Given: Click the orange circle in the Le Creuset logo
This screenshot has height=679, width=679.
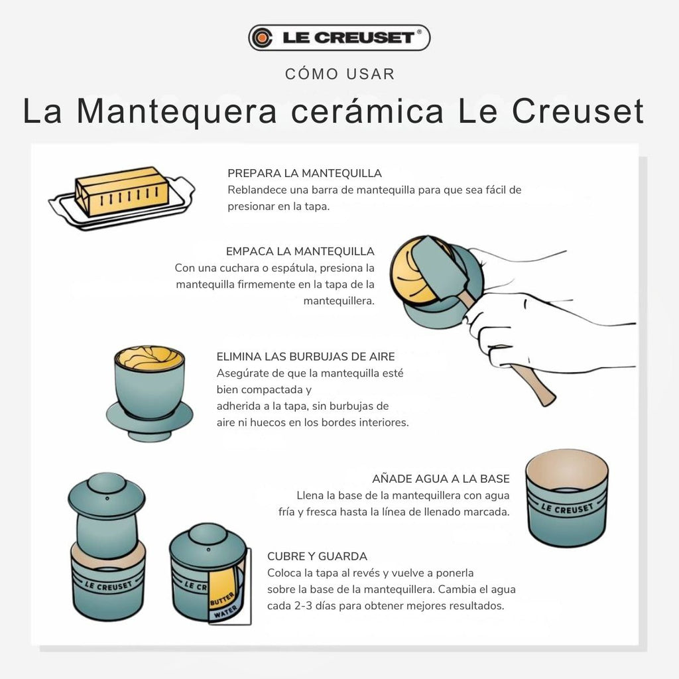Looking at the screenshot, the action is point(261,38).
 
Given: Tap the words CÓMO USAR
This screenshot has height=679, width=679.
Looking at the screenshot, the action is point(340,74).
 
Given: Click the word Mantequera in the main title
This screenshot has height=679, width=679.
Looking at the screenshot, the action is point(176,111).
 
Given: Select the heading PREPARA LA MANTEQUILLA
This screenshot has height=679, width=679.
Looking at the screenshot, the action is point(304,173).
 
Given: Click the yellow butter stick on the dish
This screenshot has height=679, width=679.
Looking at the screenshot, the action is point(122,191).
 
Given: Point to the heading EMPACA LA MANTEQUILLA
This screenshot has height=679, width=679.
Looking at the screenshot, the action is point(300,251).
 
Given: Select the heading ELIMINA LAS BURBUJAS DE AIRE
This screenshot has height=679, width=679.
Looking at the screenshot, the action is point(306,356).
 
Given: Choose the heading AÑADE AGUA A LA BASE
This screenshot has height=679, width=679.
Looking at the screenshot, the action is point(441,479).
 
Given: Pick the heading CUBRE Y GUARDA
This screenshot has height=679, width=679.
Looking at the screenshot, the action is point(317,556).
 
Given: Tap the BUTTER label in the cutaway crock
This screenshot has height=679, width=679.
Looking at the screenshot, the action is point(222,599).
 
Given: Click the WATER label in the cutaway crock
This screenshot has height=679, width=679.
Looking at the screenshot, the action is point(225,612).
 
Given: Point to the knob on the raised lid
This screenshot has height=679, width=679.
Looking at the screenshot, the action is point(107,484).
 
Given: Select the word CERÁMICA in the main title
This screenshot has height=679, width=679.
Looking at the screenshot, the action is point(367,111).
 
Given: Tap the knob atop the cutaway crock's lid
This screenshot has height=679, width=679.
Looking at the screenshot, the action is point(208,534).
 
